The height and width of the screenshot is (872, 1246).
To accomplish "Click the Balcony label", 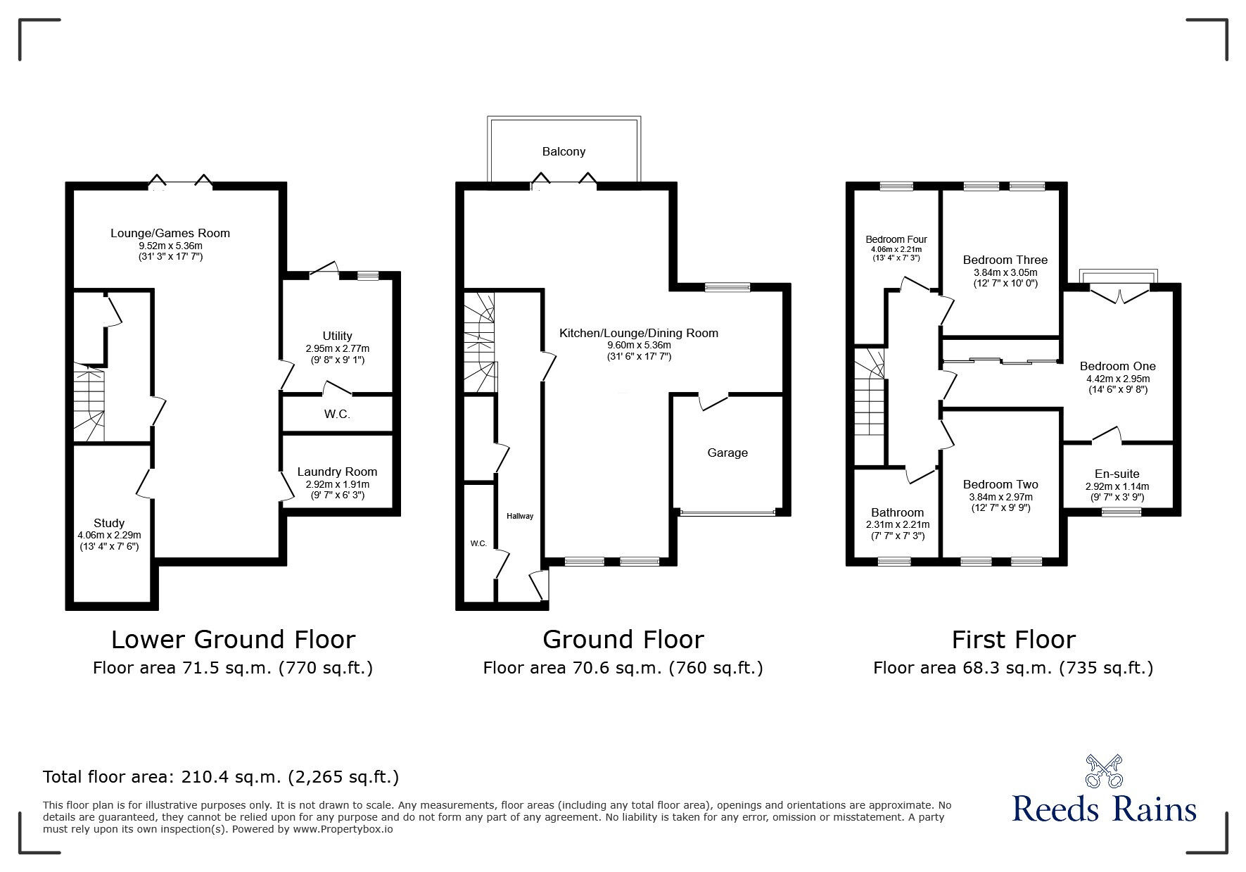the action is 564,151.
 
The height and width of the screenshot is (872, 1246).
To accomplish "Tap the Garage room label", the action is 727,453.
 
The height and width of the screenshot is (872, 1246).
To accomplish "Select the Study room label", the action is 109,523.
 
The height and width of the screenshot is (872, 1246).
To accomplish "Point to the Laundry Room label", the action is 337,472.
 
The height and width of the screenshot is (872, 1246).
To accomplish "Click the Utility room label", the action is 338,336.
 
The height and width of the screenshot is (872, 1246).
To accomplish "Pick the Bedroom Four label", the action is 896,239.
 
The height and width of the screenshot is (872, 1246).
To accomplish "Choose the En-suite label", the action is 1117,474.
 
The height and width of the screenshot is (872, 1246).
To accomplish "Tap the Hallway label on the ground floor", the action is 520,516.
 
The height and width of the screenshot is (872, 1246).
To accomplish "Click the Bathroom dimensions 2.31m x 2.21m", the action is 898,525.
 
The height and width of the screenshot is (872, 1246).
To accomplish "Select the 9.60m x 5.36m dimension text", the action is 639,346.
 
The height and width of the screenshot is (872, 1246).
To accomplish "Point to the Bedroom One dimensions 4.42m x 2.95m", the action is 1118,378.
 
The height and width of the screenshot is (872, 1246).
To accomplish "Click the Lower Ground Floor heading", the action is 233,640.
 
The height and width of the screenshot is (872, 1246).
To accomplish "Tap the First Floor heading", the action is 1014,640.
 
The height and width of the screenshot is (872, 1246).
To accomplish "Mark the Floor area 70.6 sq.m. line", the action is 623,668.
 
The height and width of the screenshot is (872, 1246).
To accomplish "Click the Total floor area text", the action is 221,777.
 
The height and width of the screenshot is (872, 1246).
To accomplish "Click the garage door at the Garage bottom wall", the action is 727,512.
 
